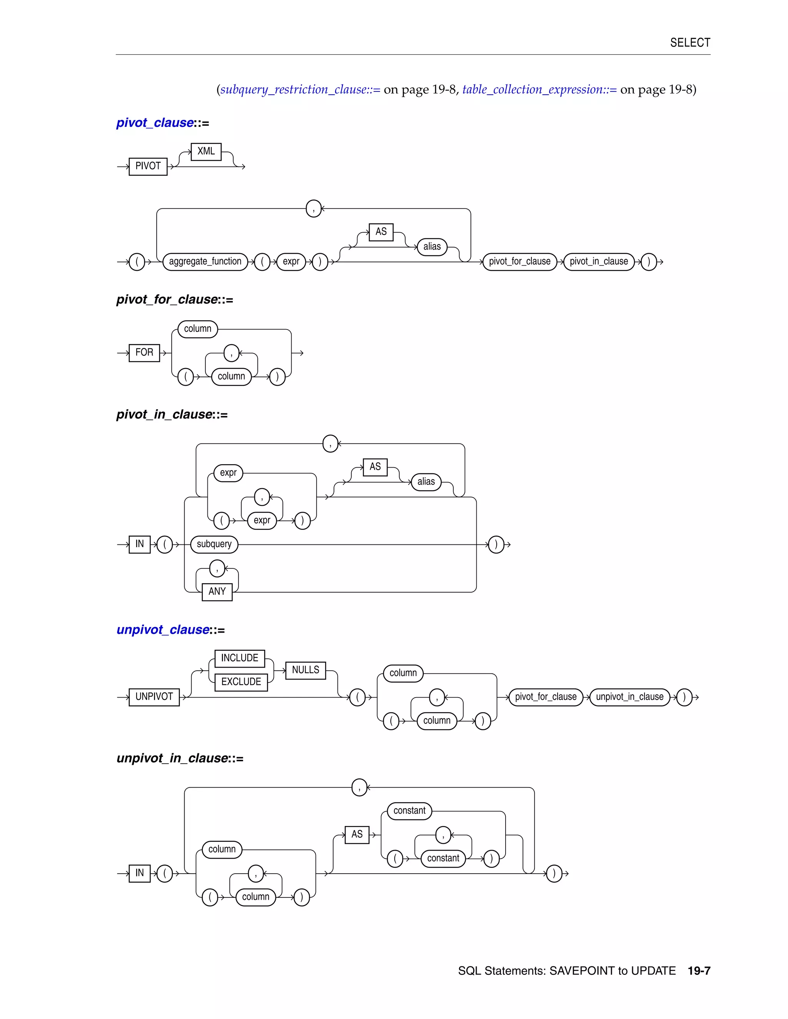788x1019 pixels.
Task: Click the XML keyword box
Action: point(206,152)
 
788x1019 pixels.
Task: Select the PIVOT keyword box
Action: point(148,167)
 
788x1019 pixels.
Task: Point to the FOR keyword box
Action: point(144,352)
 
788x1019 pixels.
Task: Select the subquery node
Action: point(214,544)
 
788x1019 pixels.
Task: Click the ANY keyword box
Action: point(217,592)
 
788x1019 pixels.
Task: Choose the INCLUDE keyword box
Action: point(239,658)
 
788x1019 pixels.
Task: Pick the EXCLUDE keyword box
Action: point(241,682)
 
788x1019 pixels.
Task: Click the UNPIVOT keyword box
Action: point(154,697)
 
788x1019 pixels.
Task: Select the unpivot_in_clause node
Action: point(629,697)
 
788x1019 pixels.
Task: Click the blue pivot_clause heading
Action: point(155,123)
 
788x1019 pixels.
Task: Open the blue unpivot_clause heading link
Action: point(163,630)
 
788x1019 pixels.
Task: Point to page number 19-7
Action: point(698,971)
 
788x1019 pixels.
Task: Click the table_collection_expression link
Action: point(539,90)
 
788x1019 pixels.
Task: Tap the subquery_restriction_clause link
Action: point(300,90)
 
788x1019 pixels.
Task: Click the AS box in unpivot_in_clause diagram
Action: point(357,834)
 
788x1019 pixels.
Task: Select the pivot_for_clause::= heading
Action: point(175,300)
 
